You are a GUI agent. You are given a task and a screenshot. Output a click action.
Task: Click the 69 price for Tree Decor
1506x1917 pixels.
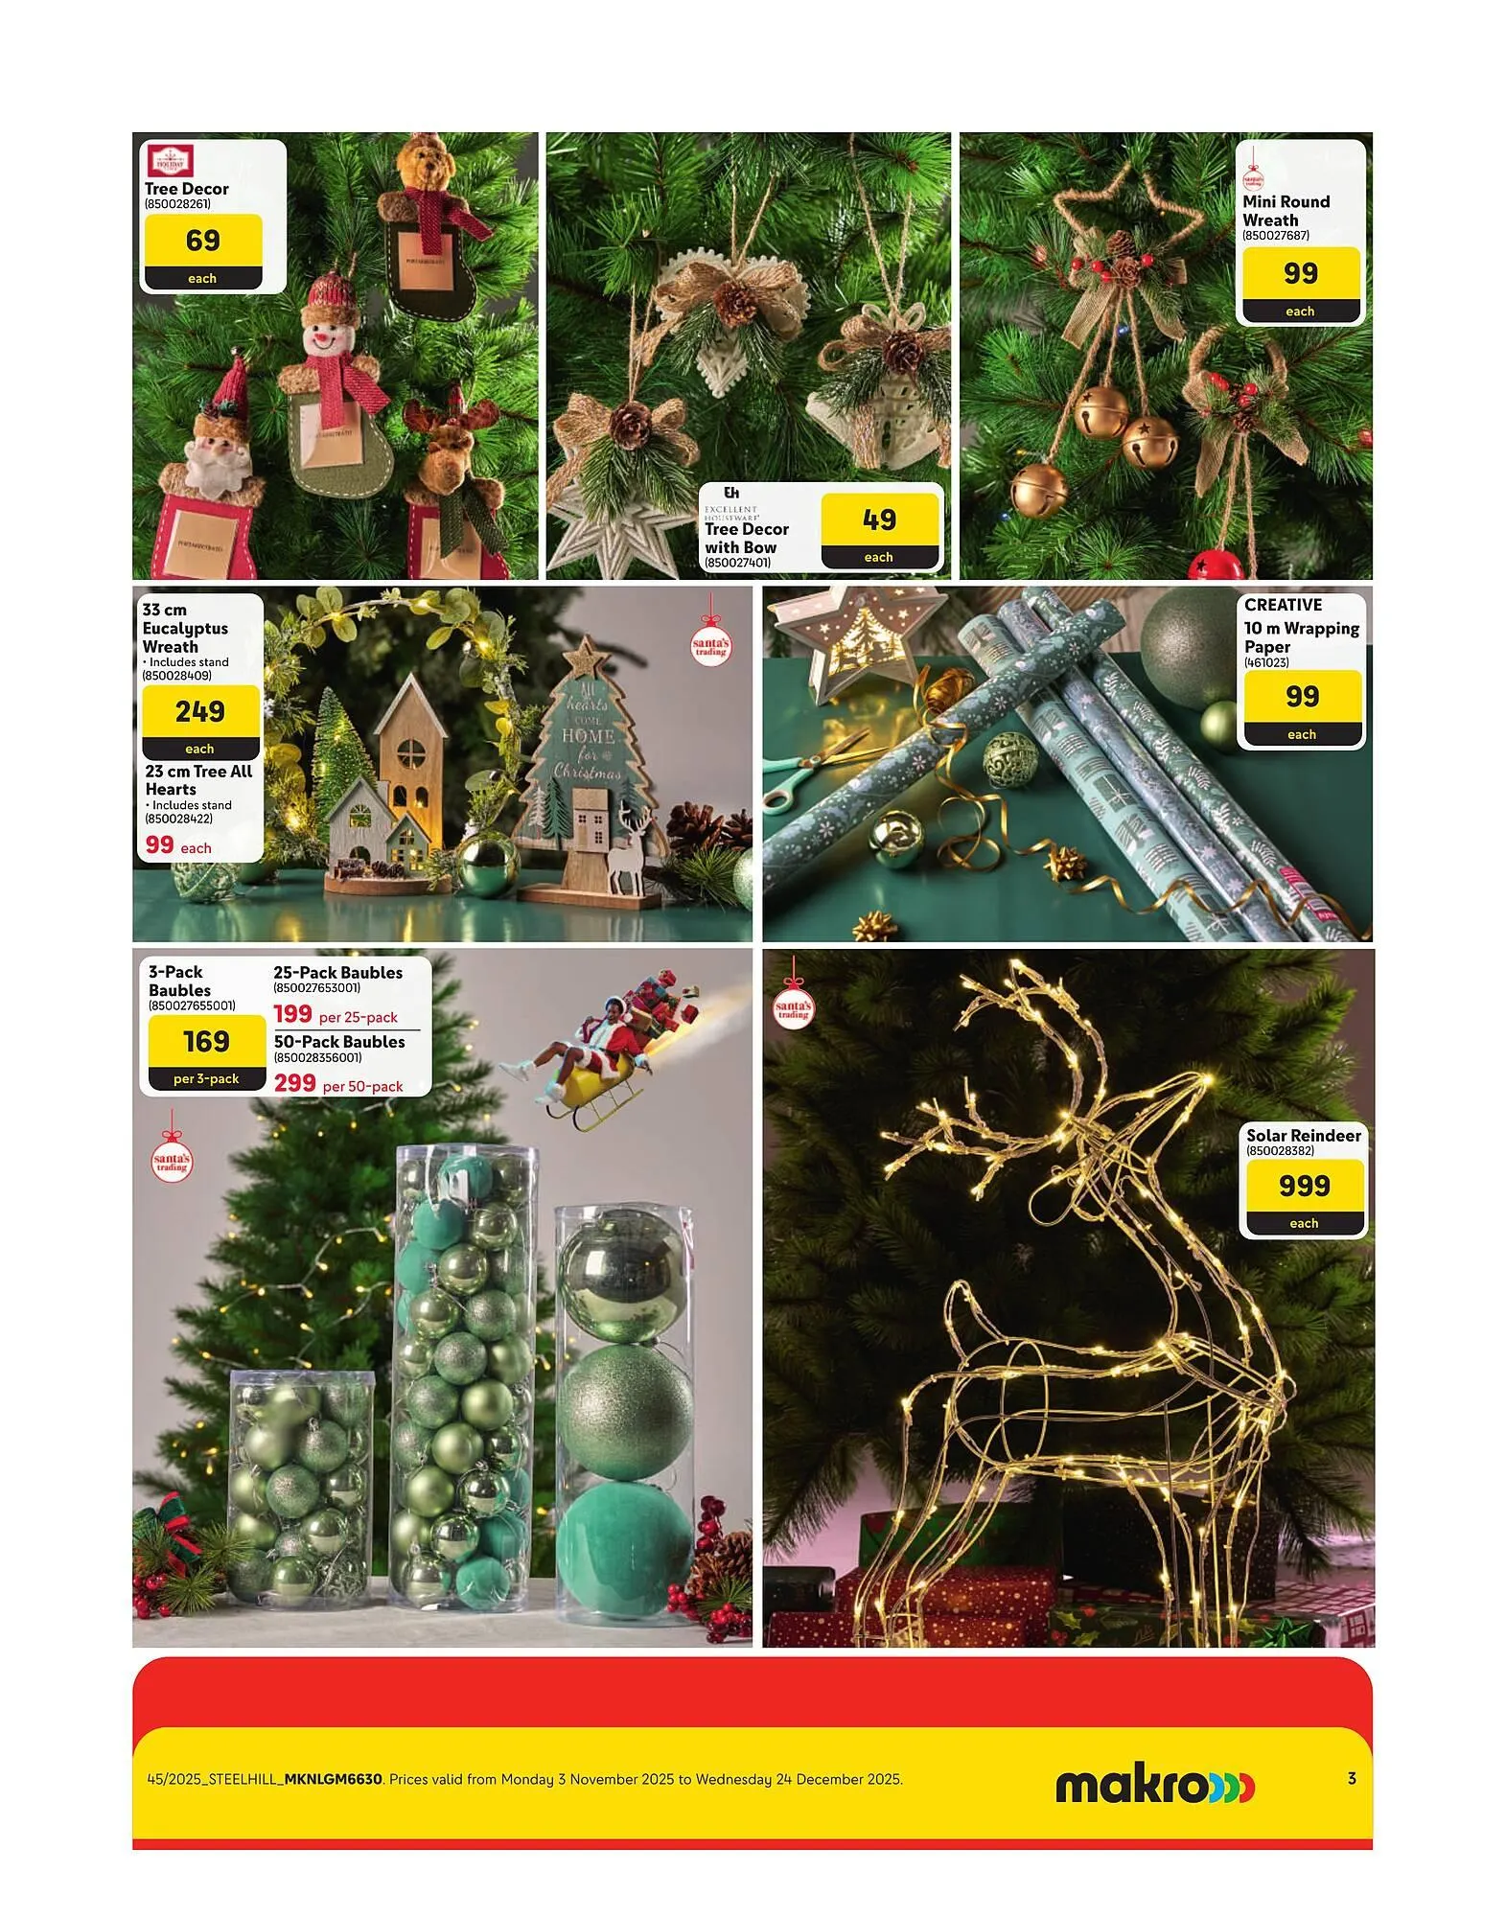tap(202, 241)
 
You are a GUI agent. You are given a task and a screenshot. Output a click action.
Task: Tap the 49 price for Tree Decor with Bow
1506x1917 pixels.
tap(879, 520)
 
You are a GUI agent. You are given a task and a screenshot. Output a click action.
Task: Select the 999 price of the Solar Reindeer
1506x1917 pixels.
tap(1304, 1187)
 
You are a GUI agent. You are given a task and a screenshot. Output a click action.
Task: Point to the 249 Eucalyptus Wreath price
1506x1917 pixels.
tap(200, 712)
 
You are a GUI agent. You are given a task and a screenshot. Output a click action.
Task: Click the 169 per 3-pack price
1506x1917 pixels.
tap(206, 1042)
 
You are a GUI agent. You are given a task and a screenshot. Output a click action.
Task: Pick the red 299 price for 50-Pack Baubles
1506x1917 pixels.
tap(294, 1083)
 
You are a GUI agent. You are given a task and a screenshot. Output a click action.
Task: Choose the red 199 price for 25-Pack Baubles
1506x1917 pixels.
tap(292, 1014)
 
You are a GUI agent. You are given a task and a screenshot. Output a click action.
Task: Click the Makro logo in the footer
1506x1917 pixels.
tap(1154, 1786)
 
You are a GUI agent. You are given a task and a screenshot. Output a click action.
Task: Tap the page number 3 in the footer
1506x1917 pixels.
tap(1352, 1779)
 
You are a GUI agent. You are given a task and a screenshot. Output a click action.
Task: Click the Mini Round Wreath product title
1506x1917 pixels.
tap(1286, 211)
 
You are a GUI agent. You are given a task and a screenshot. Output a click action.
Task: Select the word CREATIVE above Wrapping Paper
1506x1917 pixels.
tap(1283, 606)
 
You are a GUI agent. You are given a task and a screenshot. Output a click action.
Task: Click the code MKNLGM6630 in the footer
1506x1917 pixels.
tap(334, 1780)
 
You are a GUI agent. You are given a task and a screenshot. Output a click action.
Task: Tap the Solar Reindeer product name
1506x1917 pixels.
tap(1303, 1136)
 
